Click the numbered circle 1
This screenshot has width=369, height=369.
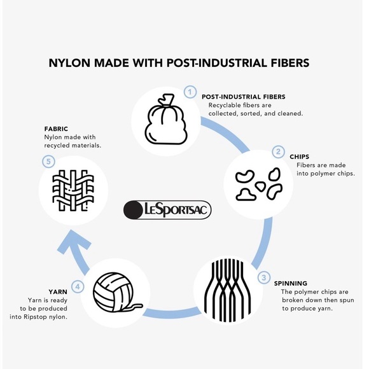[190, 92]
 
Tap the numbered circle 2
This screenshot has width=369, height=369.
[279, 152]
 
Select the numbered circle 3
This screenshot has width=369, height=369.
[264, 277]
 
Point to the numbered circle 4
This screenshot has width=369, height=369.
[78, 287]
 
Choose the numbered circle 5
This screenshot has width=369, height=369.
[48, 162]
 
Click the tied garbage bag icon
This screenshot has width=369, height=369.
[166, 119]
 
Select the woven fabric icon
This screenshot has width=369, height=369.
[73, 190]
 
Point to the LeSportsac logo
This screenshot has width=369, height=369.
[167, 210]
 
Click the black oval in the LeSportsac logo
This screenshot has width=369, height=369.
[133, 210]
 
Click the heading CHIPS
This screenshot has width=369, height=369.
[300, 157]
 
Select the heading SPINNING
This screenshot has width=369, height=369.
[290, 283]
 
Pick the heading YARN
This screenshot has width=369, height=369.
[58, 292]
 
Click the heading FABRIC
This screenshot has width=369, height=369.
[56, 129]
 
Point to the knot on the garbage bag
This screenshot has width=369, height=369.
[165, 100]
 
